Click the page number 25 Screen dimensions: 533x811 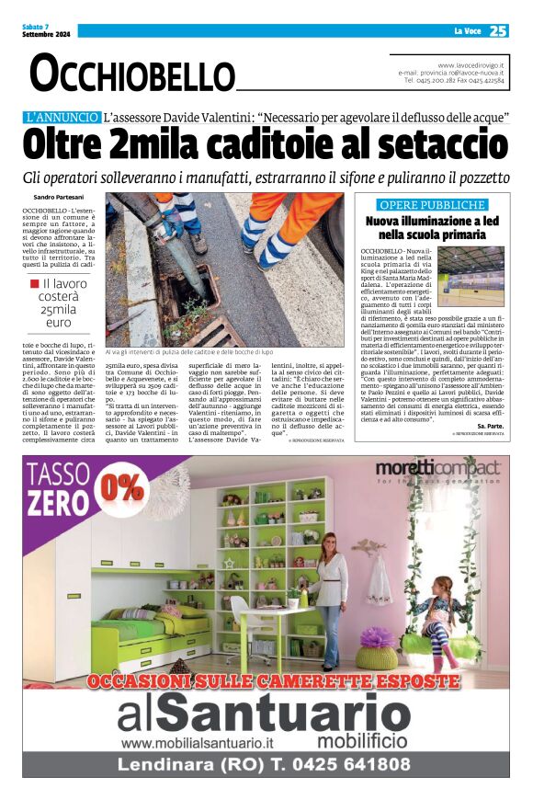(498, 30)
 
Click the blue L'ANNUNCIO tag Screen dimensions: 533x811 (62, 117)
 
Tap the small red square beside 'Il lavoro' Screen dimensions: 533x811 (34, 284)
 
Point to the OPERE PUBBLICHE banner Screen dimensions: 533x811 (433, 204)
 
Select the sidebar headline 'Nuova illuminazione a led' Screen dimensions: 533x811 (433, 222)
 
